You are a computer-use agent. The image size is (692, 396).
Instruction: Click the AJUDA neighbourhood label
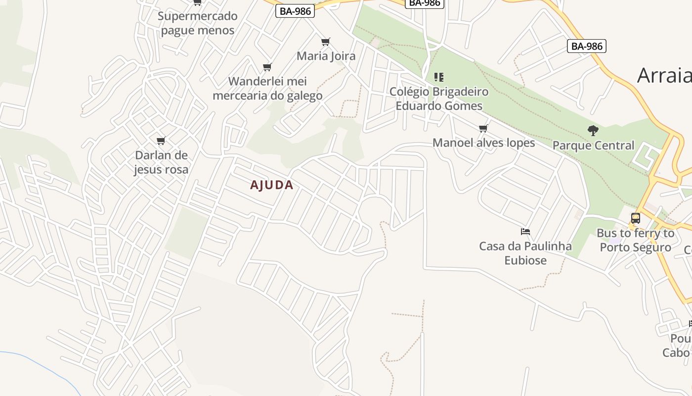click(271, 185)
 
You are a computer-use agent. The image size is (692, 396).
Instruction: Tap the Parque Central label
click(593, 146)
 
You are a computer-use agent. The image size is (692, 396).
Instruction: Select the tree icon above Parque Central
click(593, 131)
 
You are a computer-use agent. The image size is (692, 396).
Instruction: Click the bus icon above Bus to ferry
click(636, 218)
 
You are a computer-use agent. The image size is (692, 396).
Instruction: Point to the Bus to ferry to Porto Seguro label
click(635, 240)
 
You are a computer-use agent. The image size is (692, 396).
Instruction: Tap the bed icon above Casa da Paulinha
click(525, 231)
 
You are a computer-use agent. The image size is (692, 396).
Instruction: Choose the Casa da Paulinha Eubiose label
click(525, 253)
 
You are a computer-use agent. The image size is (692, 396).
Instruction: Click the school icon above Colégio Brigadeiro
click(439, 77)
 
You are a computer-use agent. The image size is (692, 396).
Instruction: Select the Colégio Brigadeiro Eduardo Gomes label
click(439, 99)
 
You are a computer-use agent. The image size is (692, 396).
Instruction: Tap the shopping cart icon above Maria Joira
click(325, 42)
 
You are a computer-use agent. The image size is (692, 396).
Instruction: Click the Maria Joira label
click(326, 56)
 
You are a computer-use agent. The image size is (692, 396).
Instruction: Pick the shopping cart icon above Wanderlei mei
click(267, 67)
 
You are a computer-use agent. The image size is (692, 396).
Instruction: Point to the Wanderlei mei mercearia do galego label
click(267, 88)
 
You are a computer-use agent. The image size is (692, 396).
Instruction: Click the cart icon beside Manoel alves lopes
click(483, 129)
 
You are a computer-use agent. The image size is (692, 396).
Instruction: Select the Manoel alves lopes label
click(483, 143)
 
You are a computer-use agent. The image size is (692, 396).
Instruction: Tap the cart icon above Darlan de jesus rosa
click(161, 141)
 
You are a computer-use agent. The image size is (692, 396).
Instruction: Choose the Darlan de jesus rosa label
click(161, 162)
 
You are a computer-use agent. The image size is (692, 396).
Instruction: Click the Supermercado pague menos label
click(198, 23)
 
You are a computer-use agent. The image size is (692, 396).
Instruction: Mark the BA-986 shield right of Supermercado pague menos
click(295, 11)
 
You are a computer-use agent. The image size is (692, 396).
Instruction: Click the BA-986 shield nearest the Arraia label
click(587, 46)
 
